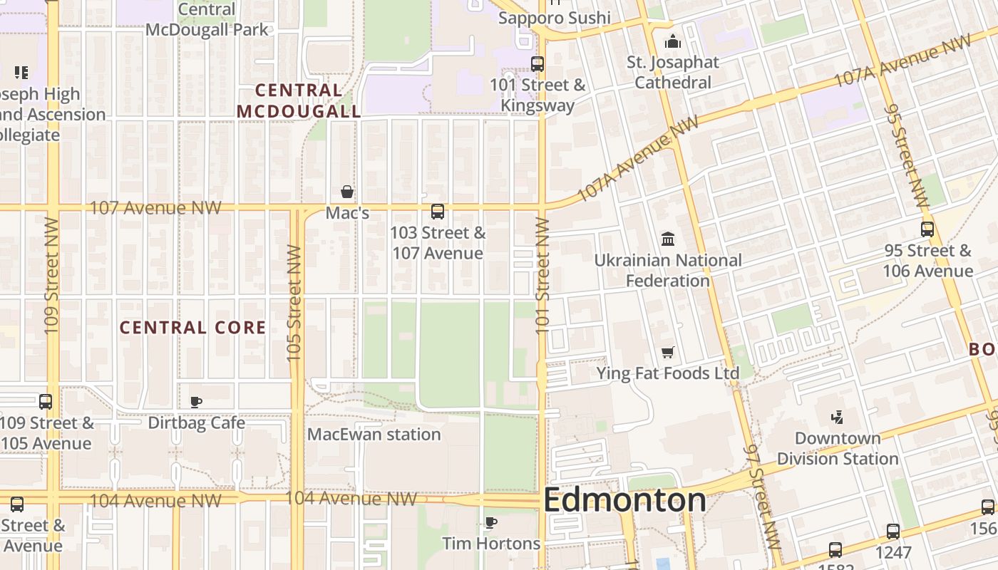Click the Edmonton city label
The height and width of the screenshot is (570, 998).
tap(624, 500)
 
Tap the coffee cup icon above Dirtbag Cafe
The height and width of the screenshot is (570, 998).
tap(196, 403)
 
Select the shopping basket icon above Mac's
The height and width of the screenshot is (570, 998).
tap(347, 192)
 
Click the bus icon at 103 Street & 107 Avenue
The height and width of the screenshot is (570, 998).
tap(438, 212)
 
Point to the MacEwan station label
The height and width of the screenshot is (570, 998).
tap(374, 434)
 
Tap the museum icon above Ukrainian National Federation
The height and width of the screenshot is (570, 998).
tap(668, 239)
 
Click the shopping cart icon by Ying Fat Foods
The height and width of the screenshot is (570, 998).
tap(668, 352)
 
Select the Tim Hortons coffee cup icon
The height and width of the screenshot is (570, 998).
tap(491, 523)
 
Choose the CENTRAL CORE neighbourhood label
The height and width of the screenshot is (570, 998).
tap(192, 328)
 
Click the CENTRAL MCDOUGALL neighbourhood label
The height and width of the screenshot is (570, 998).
tap(299, 100)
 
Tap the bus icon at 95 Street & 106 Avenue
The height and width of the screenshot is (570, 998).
tap(927, 229)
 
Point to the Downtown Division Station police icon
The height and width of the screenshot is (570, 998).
tap(838, 418)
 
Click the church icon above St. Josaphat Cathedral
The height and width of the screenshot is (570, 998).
tap(673, 42)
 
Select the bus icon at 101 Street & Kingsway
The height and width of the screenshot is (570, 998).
tap(537, 64)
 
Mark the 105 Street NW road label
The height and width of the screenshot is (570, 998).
tap(294, 302)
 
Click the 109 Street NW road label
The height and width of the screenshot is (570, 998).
tap(51, 275)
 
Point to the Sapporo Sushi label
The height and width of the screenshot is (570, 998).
tap(555, 18)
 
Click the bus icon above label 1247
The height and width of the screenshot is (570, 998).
tap(893, 532)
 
